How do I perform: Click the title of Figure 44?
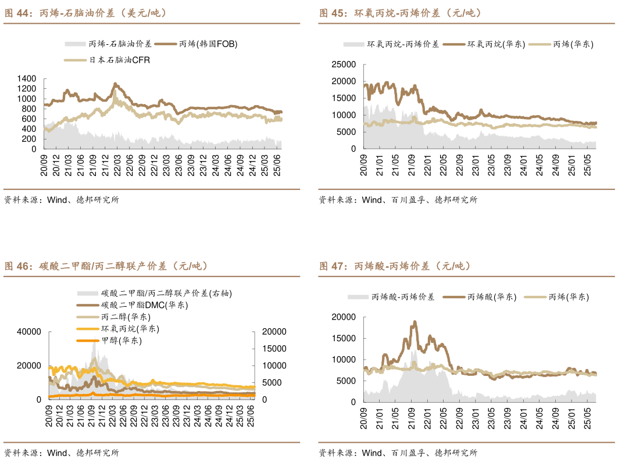[85, 13]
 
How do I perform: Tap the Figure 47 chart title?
[395, 266]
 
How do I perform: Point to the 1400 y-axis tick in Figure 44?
[27, 78]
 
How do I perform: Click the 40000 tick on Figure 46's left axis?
[29, 331]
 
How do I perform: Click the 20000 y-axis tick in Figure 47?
[342, 317]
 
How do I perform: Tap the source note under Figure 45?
[398, 200]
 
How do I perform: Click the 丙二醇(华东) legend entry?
[126, 317]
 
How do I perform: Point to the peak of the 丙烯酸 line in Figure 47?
[415, 321]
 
